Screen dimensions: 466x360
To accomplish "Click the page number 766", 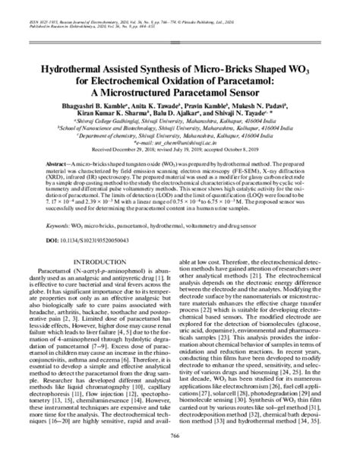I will pos(180,455).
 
